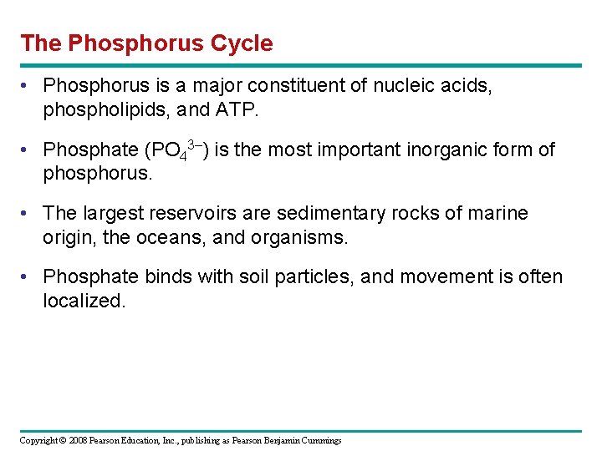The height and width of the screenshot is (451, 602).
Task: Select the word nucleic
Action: click(404, 86)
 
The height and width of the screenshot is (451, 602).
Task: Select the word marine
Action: click(496, 214)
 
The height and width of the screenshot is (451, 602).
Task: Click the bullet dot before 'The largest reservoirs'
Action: click(28, 215)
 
